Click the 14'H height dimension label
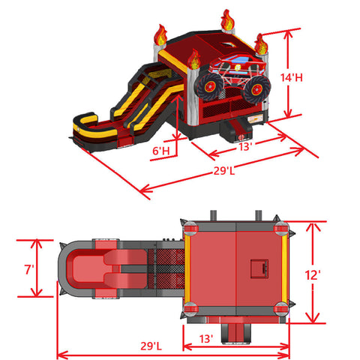(292, 77)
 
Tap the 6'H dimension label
(161, 151)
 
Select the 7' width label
(29, 269)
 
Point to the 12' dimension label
(313, 275)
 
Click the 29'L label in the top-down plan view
(151, 346)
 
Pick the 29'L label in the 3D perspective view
(224, 171)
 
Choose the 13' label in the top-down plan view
(206, 339)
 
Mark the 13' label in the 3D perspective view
(244, 146)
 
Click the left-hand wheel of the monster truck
(210, 86)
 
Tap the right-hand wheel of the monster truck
(256, 89)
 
